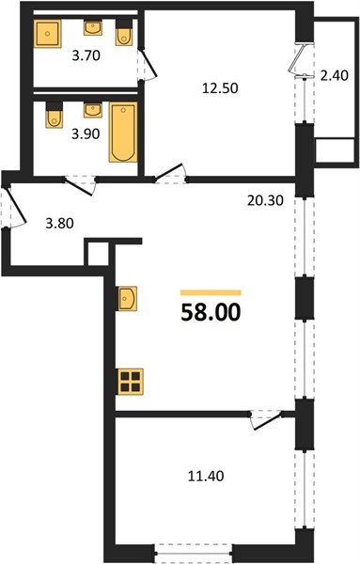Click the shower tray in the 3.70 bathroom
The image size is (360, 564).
tap(46, 35)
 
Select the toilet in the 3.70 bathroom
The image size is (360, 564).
tap(123, 33)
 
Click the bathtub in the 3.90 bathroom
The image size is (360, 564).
tap(123, 133)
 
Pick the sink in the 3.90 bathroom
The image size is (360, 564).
tap(91, 111)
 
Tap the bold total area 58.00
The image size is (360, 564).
tap(211, 311)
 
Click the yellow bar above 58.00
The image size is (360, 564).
tap(211, 292)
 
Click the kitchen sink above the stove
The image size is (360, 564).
tap(129, 299)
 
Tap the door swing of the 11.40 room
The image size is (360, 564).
tap(266, 420)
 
